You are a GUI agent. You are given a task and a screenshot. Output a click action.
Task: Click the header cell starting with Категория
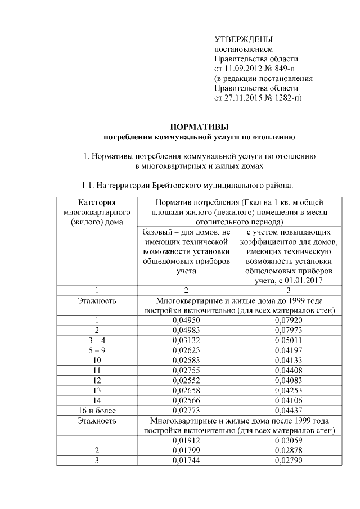point(97,211)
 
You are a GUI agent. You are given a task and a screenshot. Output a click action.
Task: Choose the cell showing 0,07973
point(288,330)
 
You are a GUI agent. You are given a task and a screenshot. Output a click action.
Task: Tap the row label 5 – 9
point(97,349)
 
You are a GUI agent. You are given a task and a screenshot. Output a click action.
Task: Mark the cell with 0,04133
point(288,359)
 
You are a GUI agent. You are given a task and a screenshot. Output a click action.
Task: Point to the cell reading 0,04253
point(288,389)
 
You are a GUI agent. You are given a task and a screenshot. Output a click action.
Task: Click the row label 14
point(97,398)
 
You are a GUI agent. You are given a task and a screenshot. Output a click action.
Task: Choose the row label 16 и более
point(97,408)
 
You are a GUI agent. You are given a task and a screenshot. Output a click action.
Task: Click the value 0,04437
point(288,408)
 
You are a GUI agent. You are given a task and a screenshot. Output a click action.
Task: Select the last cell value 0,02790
point(288,460)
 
